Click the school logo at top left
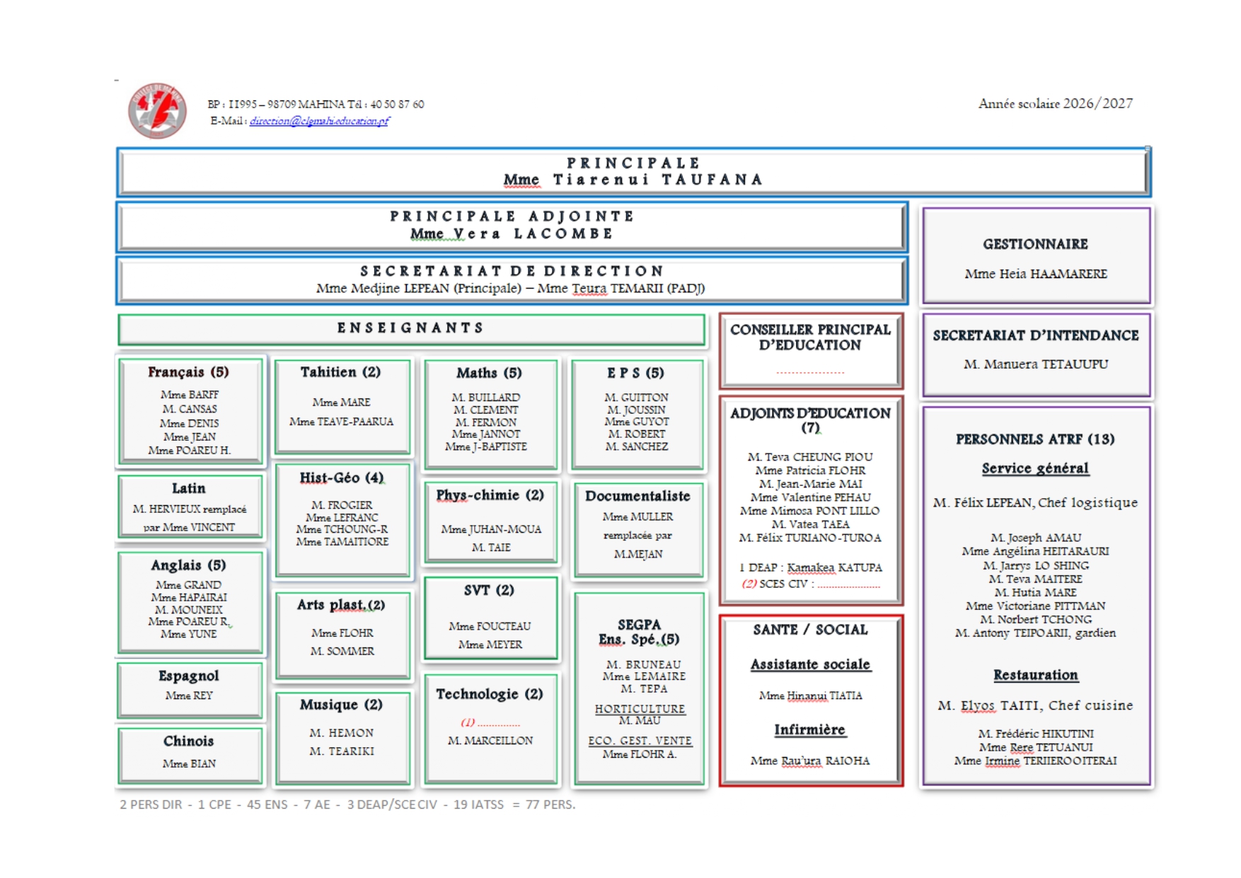click(x=157, y=110)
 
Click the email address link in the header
click(x=319, y=121)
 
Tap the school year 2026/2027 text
click(x=1055, y=103)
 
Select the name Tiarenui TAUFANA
click(x=657, y=180)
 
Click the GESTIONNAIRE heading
click(x=1035, y=244)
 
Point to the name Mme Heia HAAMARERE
click(x=1036, y=274)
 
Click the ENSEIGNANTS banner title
click(x=410, y=328)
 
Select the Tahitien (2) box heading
click(x=340, y=372)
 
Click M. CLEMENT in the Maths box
click(x=485, y=410)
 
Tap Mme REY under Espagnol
click(x=189, y=695)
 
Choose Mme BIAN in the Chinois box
click(x=189, y=763)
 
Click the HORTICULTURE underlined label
click(x=640, y=709)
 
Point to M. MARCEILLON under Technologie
click(x=490, y=740)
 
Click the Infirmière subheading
click(x=809, y=729)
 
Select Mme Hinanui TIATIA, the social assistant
click(x=810, y=695)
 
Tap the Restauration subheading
click(x=1035, y=675)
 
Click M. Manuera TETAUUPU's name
click(x=1036, y=364)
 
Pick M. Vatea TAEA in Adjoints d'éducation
click(x=810, y=524)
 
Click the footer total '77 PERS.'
click(x=550, y=804)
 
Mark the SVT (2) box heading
click(x=489, y=590)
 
